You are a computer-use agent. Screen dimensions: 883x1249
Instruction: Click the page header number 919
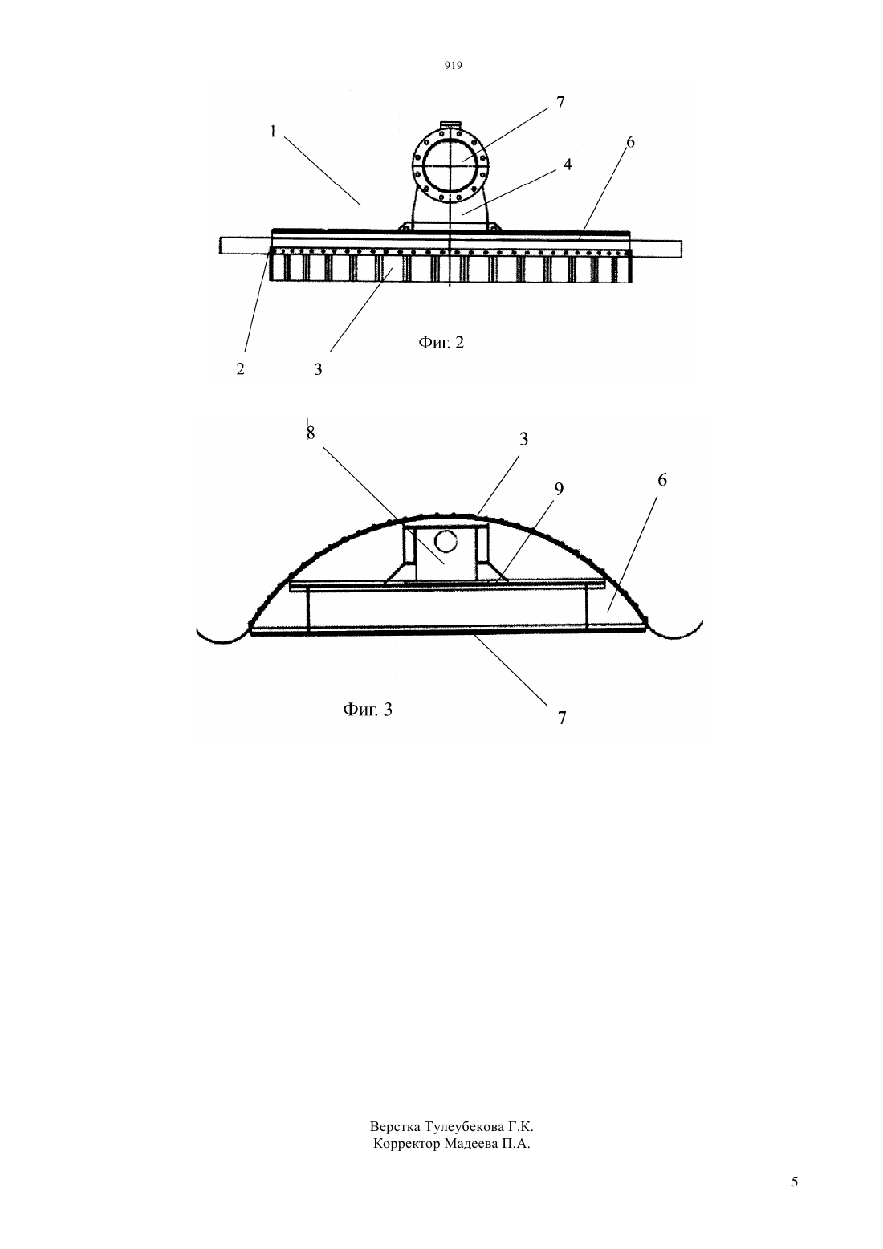click(x=454, y=66)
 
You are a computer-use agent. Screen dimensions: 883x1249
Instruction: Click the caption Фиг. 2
click(x=441, y=342)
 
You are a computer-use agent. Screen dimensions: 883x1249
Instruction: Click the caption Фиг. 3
click(x=368, y=710)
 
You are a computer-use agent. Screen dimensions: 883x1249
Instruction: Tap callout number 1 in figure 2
click(x=273, y=132)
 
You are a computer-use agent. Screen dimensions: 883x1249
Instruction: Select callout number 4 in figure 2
click(x=568, y=165)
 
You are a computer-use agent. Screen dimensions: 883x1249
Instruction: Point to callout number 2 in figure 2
click(x=240, y=368)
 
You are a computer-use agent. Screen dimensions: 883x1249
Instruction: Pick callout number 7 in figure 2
click(x=560, y=102)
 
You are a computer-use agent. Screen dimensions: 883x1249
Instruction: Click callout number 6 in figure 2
click(x=630, y=142)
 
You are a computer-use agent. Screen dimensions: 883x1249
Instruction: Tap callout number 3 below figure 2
click(x=318, y=369)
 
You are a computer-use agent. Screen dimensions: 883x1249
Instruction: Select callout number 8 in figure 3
click(x=311, y=433)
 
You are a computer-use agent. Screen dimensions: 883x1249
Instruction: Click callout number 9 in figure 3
click(x=559, y=489)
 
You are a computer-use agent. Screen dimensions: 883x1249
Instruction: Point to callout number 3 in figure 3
click(x=523, y=439)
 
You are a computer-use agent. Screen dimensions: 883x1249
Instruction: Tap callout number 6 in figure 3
click(x=662, y=480)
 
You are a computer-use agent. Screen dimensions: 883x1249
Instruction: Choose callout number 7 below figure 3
click(x=562, y=718)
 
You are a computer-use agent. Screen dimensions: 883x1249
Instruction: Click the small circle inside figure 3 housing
click(x=446, y=540)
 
